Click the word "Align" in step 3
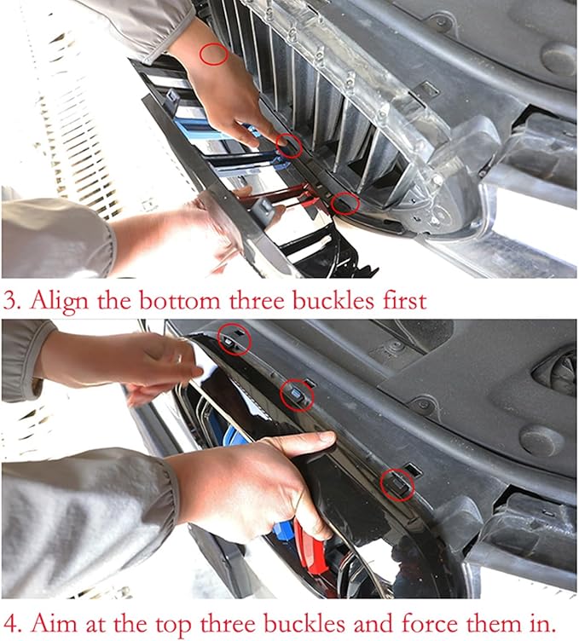(x=59, y=300)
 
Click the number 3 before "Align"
(x=12, y=301)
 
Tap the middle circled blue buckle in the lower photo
(x=297, y=394)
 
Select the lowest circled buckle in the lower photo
(x=397, y=484)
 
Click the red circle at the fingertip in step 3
(x=289, y=146)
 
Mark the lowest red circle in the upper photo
(x=345, y=204)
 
